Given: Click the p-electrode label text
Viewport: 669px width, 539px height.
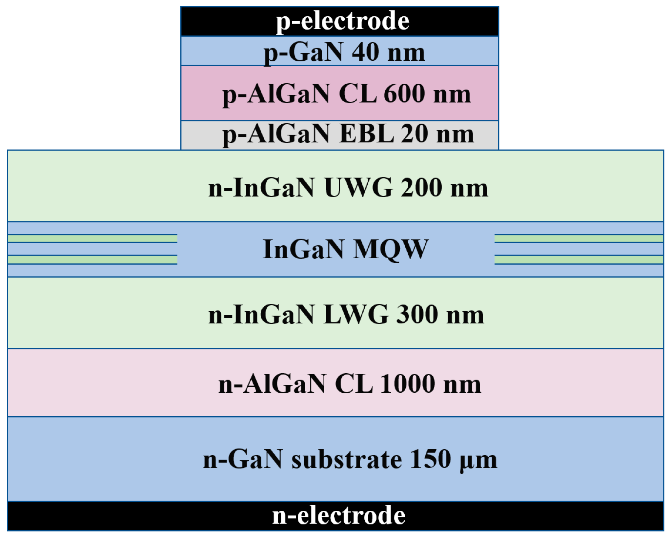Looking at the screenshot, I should click(x=342, y=21).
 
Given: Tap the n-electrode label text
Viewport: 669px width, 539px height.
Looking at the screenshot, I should click(x=339, y=516).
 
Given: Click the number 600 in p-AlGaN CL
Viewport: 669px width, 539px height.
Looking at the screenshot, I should click(x=405, y=94).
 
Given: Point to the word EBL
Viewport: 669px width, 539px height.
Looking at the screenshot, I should click(x=366, y=134).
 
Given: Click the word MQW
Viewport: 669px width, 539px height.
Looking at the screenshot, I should click(x=390, y=250).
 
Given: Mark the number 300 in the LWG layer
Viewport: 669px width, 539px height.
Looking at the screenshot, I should click(x=417, y=315).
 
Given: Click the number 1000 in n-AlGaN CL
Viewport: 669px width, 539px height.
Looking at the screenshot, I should click(x=408, y=384).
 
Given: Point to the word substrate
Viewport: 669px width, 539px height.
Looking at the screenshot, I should click(x=347, y=459).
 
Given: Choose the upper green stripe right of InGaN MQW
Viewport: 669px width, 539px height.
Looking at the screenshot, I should click(x=578, y=238).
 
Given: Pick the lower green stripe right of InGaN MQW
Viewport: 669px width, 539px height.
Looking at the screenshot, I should click(x=578, y=260).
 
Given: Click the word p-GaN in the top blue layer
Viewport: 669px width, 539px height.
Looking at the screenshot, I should click(x=304, y=53).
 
